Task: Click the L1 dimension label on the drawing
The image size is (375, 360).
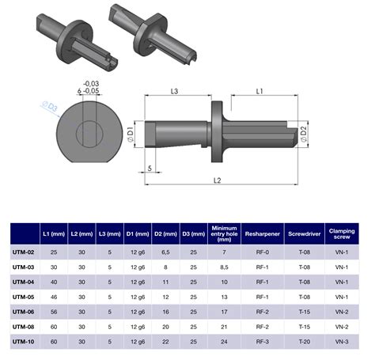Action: click(x=259, y=93)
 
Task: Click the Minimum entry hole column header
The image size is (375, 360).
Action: click(x=224, y=234)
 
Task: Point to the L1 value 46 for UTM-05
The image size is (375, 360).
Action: click(x=54, y=297)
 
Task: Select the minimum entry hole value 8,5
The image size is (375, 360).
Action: click(x=224, y=267)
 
